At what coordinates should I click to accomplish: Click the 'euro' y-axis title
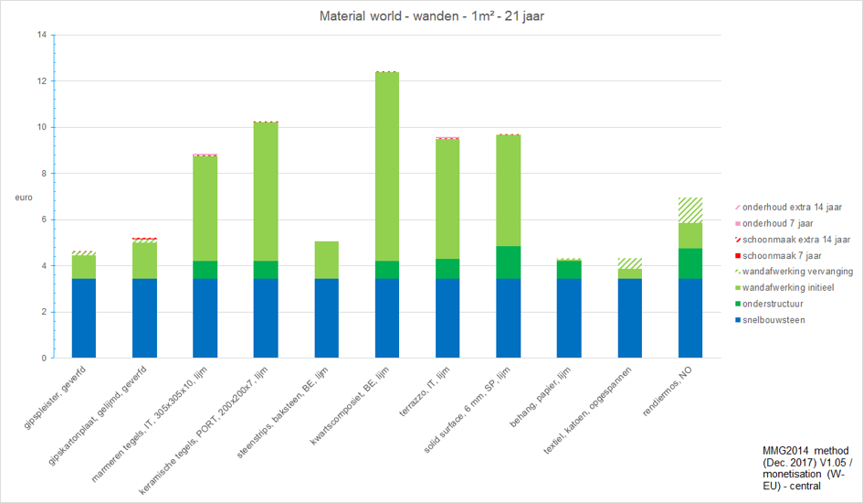pyautogui.click(x=24, y=198)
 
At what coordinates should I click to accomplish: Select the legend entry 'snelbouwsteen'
pyautogui.click(x=770, y=320)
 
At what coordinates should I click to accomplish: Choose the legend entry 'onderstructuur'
pyautogui.click(x=769, y=305)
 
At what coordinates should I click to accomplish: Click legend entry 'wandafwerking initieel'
pyautogui.click(x=784, y=287)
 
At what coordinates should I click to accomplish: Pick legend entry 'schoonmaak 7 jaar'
pyautogui.click(x=778, y=256)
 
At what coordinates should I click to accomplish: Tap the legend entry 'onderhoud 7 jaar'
pyautogui.click(x=774, y=224)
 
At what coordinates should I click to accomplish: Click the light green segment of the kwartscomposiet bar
pyautogui.click(x=387, y=166)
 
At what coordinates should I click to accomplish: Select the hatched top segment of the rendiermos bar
pyautogui.click(x=690, y=210)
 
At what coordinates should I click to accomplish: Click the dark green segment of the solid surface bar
pyautogui.click(x=508, y=262)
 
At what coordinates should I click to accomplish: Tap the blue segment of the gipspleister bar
pyautogui.click(x=84, y=318)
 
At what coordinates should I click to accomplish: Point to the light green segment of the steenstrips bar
pyautogui.click(x=326, y=260)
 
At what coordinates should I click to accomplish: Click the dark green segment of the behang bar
pyautogui.click(x=569, y=270)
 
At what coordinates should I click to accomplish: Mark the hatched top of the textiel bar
pyautogui.click(x=629, y=263)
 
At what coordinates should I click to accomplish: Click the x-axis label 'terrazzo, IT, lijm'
pyautogui.click(x=425, y=391)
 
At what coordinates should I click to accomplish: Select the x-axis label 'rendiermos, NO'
pyautogui.click(x=668, y=391)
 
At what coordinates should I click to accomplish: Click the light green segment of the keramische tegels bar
pyautogui.click(x=266, y=192)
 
